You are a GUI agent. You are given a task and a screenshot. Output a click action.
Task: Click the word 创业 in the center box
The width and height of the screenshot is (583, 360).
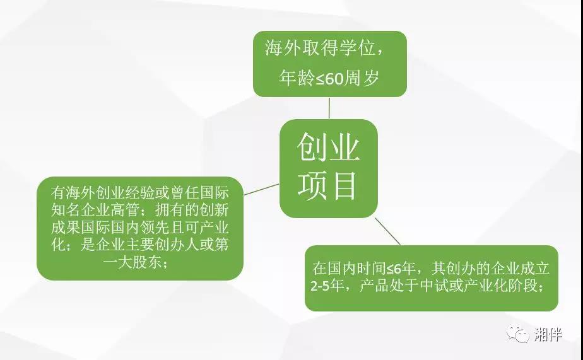point(328,148)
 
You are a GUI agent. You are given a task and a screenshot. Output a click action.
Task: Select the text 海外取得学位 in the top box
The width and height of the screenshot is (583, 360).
point(320,48)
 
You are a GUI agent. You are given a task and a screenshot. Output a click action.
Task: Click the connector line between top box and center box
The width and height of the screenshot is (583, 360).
point(329,108)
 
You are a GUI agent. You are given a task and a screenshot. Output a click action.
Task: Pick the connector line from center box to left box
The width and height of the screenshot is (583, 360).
point(261,190)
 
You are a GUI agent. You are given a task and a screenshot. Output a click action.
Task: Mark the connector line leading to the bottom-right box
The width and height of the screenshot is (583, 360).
point(387,231)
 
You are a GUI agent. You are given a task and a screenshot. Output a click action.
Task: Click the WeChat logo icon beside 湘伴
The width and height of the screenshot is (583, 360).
point(517,334)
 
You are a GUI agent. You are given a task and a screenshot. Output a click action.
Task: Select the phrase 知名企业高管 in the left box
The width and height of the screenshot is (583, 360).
point(95,211)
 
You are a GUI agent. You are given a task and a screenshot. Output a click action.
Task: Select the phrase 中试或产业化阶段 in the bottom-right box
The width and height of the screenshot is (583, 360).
point(479,286)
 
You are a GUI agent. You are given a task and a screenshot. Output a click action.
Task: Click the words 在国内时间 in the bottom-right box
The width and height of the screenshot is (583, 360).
point(349,268)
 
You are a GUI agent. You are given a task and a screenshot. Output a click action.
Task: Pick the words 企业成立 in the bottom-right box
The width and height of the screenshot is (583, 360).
point(520,268)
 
